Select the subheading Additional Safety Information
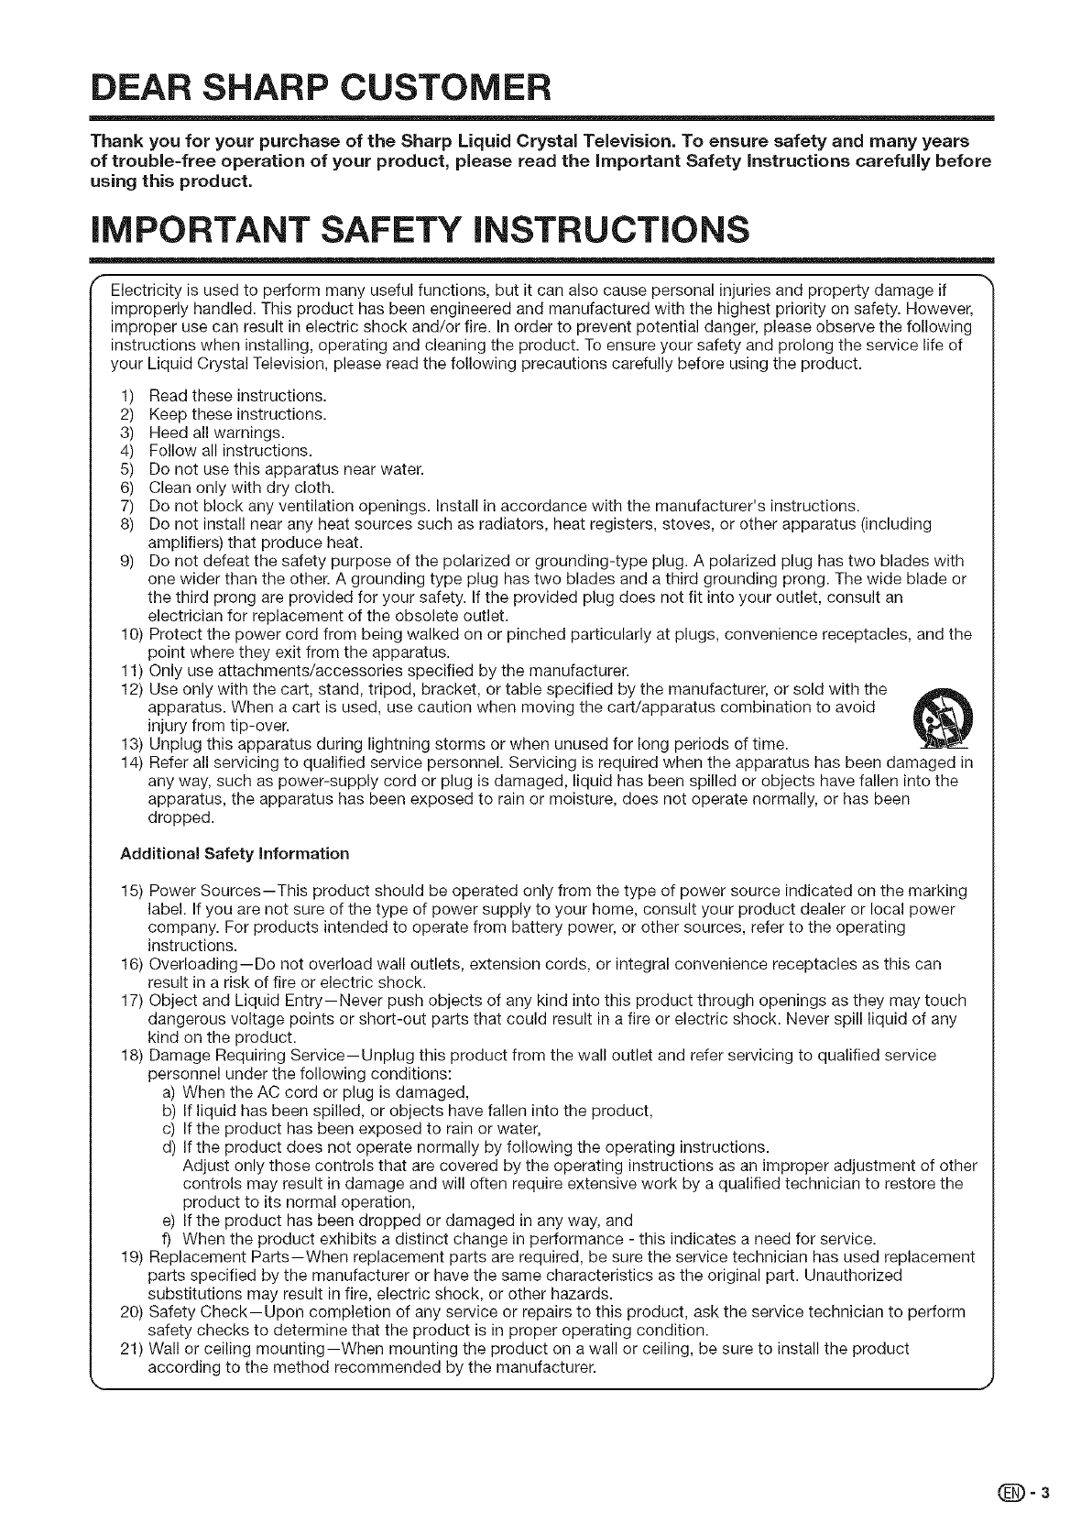(235, 853)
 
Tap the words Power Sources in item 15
(193, 891)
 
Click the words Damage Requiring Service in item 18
(240, 1055)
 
